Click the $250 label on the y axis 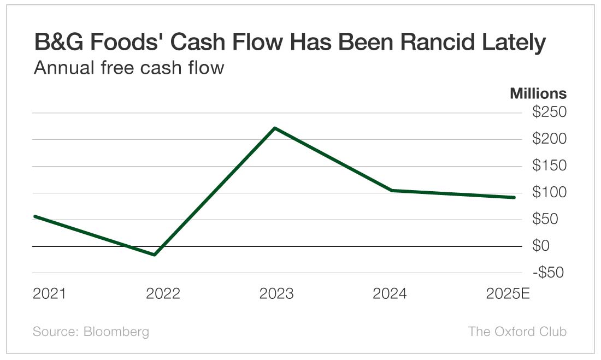[549, 113]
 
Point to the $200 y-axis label [549, 139]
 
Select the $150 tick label [549, 166]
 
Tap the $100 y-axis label [549, 193]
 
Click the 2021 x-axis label [49, 294]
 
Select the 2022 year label [163, 294]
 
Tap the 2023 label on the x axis [276, 294]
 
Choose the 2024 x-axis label [390, 294]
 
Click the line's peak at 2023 [274, 128]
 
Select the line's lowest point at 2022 [155, 255]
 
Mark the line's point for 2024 [392, 190]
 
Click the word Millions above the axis [538, 93]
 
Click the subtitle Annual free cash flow [128, 68]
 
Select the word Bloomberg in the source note [116, 332]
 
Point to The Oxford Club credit [517, 332]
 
